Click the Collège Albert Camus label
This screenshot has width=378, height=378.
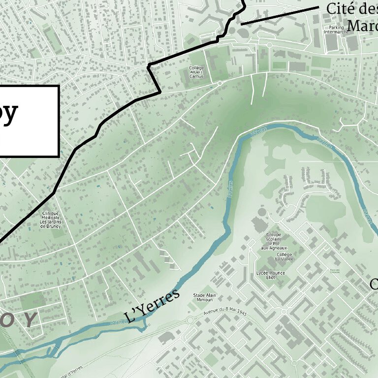click(x=196, y=72)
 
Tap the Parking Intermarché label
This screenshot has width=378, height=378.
click(x=337, y=29)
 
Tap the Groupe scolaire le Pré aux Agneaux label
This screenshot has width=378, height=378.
click(x=274, y=241)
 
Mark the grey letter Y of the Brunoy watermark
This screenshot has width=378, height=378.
click(x=31, y=320)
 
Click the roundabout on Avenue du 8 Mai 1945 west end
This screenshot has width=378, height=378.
click(x=190, y=320)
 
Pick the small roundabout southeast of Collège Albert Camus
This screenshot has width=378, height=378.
click(x=220, y=84)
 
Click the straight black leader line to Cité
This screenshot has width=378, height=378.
click(x=280, y=16)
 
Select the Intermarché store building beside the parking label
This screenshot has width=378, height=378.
click(x=333, y=43)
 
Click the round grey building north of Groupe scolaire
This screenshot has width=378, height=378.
click(x=262, y=212)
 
